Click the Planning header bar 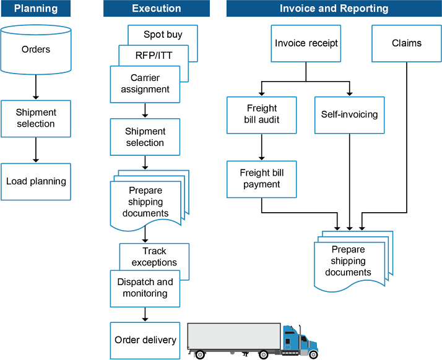36,9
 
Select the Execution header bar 157,9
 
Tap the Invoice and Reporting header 334,9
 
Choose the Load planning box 36,181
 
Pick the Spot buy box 162,35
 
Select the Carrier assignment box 145,84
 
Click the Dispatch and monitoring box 145,288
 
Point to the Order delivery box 145,340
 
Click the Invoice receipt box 306,43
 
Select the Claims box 407,43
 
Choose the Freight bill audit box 261,114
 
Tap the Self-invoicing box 349,114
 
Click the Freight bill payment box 261,179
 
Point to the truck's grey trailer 234,336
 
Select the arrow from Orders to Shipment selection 36,87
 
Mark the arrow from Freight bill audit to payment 261,147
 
